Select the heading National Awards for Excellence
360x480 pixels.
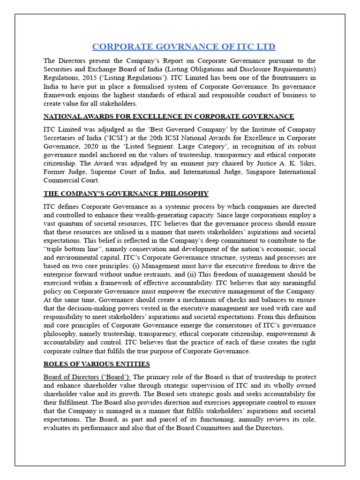click(169, 116)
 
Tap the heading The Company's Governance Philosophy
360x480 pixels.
click(126, 194)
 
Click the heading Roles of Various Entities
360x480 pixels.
click(97, 364)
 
